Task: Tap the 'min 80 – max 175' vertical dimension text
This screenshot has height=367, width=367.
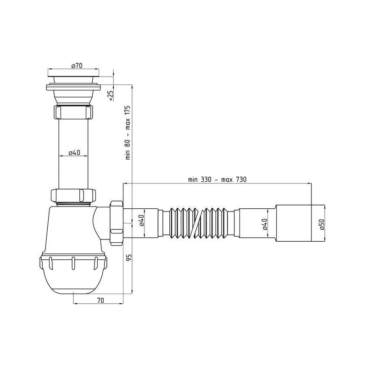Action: pos(128,132)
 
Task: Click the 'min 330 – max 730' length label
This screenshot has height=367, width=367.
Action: pos(217,179)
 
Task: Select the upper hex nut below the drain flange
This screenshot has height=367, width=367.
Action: pos(73,112)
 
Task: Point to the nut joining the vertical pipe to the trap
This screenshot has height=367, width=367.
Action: pos(73,195)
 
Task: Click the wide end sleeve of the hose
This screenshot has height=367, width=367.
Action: pos(294,223)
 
